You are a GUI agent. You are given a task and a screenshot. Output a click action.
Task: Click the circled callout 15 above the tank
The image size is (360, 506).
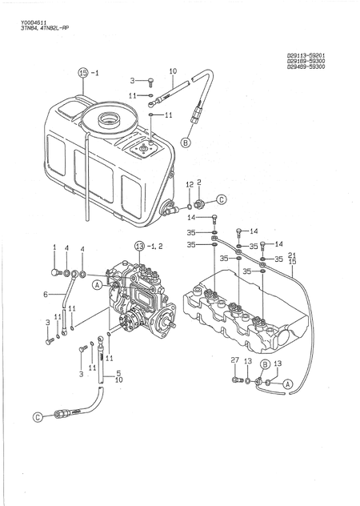pos(83,73)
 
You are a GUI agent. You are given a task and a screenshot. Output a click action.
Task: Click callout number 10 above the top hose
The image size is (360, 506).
pos(172,72)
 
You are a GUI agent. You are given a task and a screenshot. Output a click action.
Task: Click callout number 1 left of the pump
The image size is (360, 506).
pos(54,247)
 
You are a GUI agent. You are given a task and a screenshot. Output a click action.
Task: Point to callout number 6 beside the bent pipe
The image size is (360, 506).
pos(46,295)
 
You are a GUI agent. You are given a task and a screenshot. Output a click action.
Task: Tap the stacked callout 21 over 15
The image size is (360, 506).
pos(292,257)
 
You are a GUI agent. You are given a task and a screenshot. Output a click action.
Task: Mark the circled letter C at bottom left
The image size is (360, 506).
pos(37,416)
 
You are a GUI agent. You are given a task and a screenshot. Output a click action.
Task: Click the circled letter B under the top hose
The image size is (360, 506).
pos(186,142)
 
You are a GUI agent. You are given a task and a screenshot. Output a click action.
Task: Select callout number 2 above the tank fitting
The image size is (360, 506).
pos(198,183)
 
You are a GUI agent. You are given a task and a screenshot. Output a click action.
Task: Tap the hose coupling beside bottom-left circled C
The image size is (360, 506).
pos(62,414)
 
